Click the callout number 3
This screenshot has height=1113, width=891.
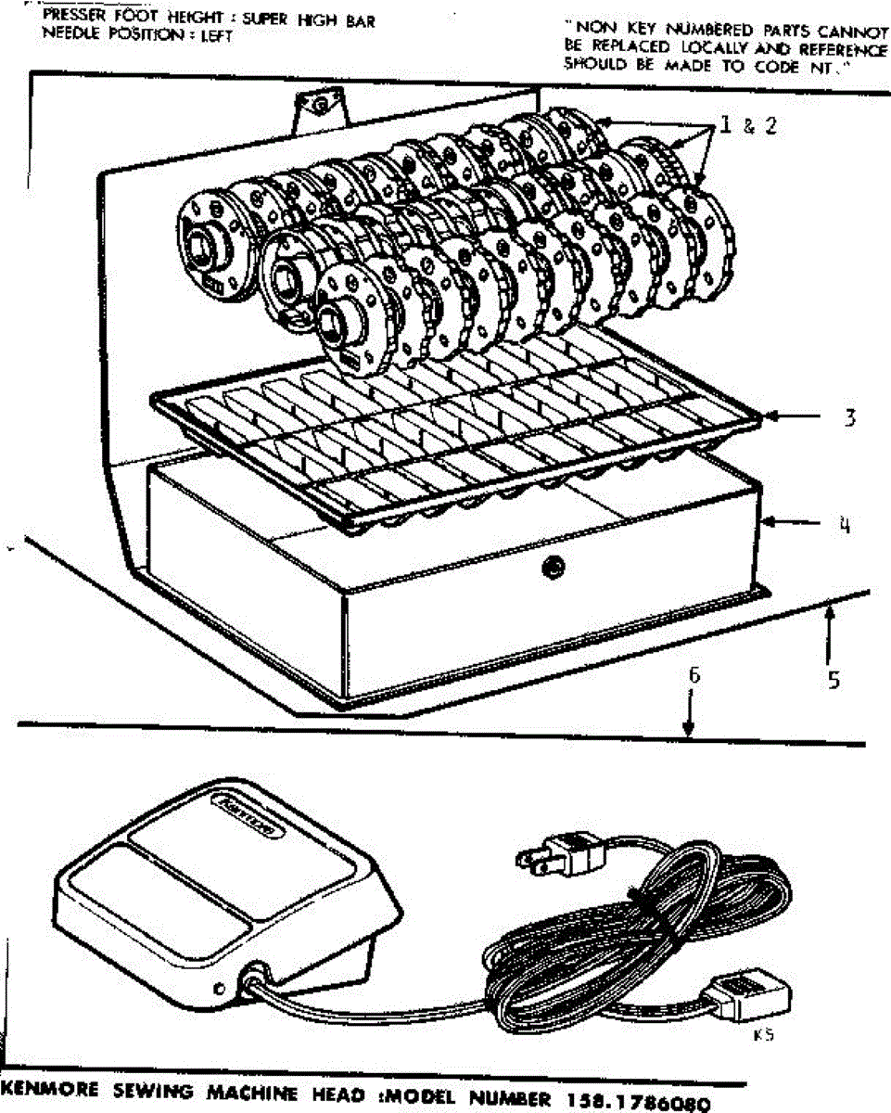pyautogui.click(x=848, y=417)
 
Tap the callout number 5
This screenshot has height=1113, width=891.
pyautogui.click(x=834, y=680)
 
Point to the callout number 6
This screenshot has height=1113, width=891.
pyautogui.click(x=693, y=676)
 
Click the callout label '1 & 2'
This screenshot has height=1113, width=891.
pyautogui.click(x=746, y=126)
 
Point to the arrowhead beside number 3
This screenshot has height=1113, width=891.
pyautogui.click(x=771, y=419)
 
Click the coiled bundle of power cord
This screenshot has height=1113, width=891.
pyautogui.click(x=640, y=937)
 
